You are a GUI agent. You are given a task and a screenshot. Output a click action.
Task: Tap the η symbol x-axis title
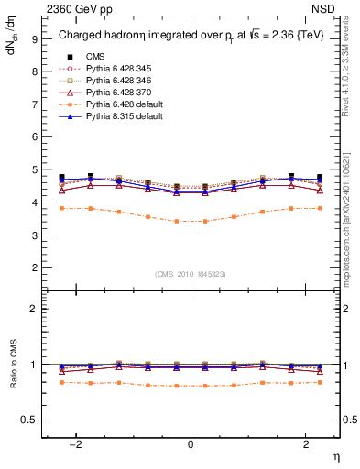[336, 455]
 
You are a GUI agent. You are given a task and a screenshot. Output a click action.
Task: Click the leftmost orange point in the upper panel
[61, 208]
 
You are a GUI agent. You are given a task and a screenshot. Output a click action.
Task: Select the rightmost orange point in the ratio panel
[319, 381]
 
